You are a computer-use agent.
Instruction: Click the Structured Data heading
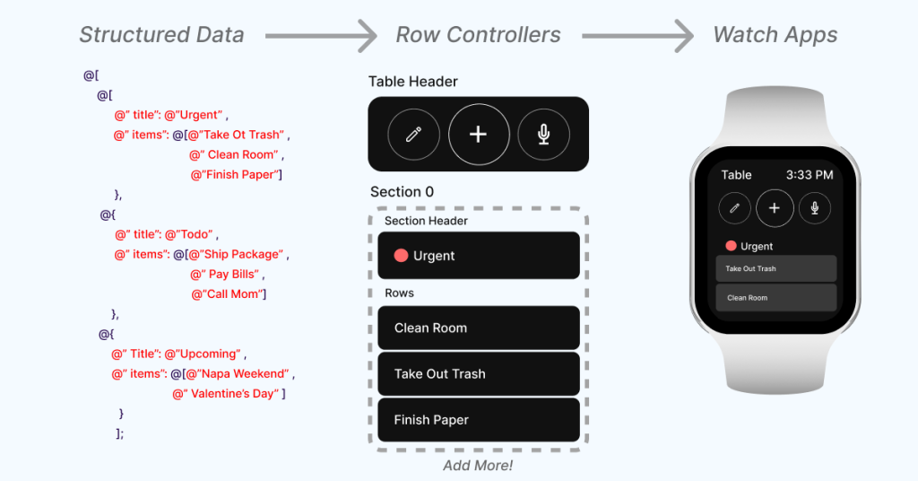[x=161, y=35]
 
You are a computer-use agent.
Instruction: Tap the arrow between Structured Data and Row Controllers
[x=321, y=36]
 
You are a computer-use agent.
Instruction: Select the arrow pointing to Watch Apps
[x=637, y=36]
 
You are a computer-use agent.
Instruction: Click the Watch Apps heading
[x=775, y=35]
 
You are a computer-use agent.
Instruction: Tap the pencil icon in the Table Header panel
[x=413, y=135]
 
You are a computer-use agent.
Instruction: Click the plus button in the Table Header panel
[x=479, y=135]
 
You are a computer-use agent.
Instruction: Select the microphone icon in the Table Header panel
[x=544, y=135]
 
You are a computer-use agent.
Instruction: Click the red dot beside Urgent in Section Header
[x=401, y=256]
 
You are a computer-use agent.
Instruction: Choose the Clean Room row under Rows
[x=479, y=328]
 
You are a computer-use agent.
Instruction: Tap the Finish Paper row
[x=479, y=419]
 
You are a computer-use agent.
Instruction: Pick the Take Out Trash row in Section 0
[x=479, y=374]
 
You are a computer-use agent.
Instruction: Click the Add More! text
[x=478, y=466]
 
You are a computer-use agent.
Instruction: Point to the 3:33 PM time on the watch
[x=810, y=175]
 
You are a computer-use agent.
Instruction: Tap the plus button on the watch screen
[x=775, y=208]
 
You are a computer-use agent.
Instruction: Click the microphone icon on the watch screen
[x=814, y=208]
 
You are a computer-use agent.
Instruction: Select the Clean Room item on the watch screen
[x=775, y=298]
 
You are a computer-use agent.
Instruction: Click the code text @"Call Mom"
[x=229, y=294]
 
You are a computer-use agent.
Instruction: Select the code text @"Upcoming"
[x=203, y=354]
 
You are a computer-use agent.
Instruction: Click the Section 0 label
[x=402, y=192]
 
